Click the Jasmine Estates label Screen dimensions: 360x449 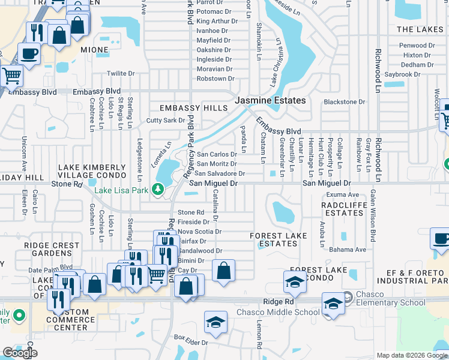click(270, 101)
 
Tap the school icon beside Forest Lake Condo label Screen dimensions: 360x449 click(295, 281)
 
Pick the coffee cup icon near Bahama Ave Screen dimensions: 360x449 click(441, 238)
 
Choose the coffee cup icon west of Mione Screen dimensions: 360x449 click(29, 54)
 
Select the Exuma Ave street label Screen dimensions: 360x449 click(342, 195)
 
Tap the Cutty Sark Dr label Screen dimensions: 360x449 click(166, 120)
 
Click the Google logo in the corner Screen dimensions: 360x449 click(20, 352)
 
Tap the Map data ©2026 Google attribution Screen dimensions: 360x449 click(412, 355)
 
